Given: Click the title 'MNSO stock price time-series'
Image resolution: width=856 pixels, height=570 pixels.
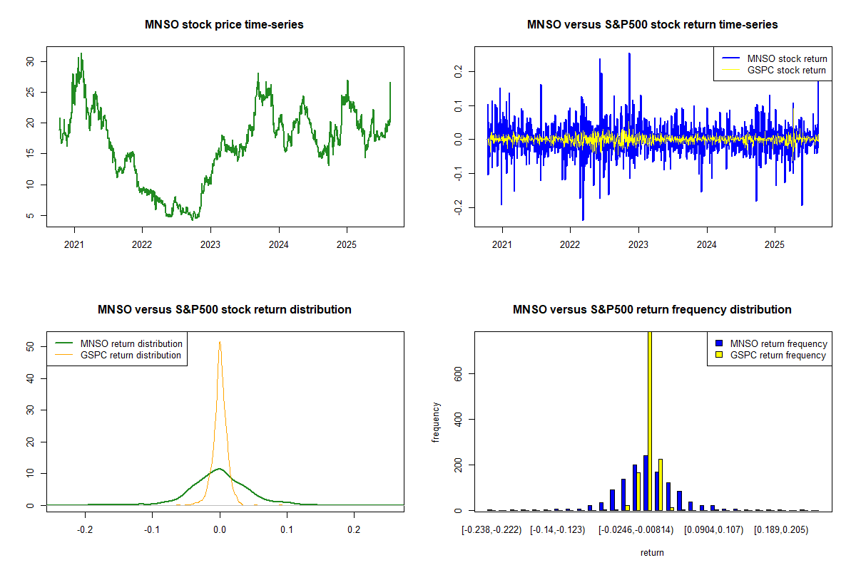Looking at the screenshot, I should (x=224, y=25).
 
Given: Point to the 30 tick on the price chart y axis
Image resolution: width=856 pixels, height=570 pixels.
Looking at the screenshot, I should (x=29, y=61).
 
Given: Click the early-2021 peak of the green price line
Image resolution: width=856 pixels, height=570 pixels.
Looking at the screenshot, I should (x=81, y=53).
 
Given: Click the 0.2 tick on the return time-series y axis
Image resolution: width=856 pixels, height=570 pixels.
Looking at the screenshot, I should (x=457, y=71).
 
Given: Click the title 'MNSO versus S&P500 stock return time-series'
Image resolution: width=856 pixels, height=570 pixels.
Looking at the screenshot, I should (x=652, y=25).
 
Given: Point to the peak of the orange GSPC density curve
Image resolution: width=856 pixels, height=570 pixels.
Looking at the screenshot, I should (x=220, y=342).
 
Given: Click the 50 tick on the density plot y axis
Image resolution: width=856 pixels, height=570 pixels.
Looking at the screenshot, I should (x=29, y=346).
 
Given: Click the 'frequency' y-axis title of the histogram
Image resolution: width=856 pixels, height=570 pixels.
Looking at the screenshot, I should (x=436, y=422).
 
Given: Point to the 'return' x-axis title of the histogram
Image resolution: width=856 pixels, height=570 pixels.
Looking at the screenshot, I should (x=652, y=552).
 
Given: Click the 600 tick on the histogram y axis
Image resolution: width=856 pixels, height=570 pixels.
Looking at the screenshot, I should (x=457, y=373).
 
